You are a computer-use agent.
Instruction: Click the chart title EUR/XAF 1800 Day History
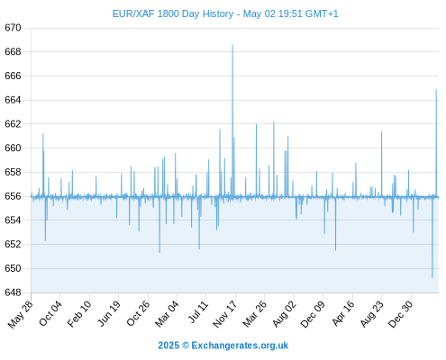173,14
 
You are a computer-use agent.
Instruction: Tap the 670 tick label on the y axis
13,28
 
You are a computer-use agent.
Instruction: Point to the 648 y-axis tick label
13,292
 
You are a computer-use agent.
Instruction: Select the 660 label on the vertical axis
13,148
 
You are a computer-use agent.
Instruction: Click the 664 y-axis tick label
13,100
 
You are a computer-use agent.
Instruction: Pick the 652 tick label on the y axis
13,245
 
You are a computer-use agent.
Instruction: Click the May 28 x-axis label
21,314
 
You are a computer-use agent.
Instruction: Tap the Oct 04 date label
50,313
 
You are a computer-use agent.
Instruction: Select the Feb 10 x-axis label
79,313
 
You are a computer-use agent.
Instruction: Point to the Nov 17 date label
225,314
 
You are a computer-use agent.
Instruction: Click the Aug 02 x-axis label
284,314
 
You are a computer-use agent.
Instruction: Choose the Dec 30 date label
400,314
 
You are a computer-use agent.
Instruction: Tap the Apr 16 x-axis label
343,313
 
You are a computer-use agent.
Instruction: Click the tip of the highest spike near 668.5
232,45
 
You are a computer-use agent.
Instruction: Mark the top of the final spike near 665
436,90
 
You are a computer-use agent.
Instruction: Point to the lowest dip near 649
432,277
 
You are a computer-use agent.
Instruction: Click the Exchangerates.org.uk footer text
240,346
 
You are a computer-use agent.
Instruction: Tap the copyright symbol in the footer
186,346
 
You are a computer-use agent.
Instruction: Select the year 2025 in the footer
168,346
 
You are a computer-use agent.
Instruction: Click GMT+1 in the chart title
322,14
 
